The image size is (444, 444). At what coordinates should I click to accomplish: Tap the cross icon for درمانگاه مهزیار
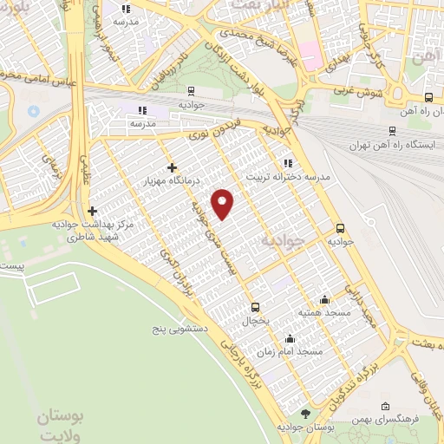[x=172, y=167]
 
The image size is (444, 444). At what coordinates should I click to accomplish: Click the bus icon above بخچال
[x=255, y=306]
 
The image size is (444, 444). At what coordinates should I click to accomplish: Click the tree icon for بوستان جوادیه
[x=304, y=414]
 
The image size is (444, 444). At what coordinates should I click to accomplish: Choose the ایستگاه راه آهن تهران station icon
[x=393, y=131]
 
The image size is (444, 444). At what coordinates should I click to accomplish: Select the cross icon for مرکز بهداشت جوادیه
[x=92, y=210]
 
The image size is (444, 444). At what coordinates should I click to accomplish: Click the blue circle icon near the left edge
[x=34, y=112]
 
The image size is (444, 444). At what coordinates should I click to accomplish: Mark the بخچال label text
[x=255, y=321]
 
